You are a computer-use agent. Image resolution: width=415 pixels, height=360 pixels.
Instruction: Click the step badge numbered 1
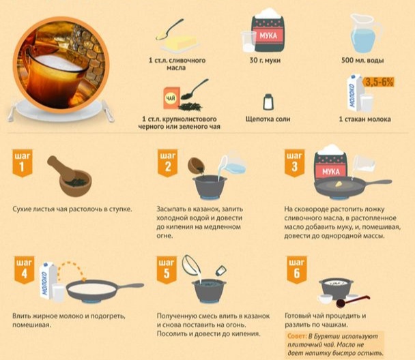point(23,163)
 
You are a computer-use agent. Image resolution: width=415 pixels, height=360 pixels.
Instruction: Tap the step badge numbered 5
point(167,269)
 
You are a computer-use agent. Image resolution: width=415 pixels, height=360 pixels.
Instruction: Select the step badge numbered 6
point(297,269)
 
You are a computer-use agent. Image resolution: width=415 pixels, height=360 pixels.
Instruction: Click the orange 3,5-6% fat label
point(379,82)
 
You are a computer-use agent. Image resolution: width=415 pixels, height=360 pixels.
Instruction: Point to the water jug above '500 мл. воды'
point(366,33)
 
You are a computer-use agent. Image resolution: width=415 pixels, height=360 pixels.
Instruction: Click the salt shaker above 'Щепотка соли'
point(268,102)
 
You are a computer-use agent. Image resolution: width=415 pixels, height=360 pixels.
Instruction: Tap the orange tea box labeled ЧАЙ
point(171,98)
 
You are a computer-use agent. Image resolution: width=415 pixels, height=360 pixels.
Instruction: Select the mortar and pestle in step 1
point(70,176)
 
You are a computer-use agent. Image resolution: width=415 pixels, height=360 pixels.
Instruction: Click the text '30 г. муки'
point(265,60)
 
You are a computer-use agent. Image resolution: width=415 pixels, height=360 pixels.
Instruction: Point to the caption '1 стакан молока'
point(364,119)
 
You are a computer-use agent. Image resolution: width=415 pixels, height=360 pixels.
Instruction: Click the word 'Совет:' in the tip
point(296,336)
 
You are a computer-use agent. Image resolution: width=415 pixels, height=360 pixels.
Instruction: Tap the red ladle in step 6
point(352,301)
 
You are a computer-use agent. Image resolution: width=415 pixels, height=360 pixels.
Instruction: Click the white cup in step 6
point(324,299)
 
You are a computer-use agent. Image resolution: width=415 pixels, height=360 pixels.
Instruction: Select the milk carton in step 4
point(48,281)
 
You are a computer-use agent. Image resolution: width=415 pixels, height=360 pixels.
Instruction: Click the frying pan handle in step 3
point(378,182)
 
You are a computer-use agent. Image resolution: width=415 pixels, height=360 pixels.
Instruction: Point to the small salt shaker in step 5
point(220,271)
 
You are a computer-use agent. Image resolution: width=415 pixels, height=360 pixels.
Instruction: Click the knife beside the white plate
point(108,110)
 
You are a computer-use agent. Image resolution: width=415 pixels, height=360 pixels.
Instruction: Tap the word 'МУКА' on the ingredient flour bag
point(268,35)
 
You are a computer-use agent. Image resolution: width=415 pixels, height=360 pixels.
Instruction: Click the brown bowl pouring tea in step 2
point(195,165)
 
